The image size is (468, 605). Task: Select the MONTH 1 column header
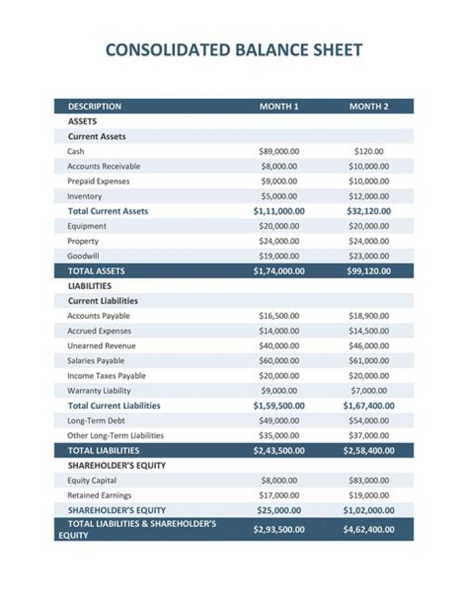[279, 107]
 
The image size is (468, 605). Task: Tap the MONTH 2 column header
[369, 107]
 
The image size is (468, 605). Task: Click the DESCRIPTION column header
[94, 107]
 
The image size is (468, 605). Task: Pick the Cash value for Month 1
[279, 151]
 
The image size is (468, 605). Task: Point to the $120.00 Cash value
[369, 151]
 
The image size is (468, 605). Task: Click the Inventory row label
[84, 196]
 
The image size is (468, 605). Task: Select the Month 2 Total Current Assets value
[369, 211]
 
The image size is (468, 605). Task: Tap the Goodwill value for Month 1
[279, 256]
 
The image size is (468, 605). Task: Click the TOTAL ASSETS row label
[96, 271]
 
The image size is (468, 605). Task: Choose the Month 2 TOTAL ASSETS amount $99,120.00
[369, 271]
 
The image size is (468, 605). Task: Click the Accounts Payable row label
[99, 316]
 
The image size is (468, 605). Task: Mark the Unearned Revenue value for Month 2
[369, 346]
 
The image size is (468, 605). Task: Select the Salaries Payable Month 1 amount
[279, 361]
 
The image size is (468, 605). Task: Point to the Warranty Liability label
[99, 391]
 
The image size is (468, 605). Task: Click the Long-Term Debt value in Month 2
[369, 420]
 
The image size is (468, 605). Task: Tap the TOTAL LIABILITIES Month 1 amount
[279, 450]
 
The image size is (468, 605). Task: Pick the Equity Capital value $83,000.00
[369, 480]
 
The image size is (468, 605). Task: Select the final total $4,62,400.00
[369, 529]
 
